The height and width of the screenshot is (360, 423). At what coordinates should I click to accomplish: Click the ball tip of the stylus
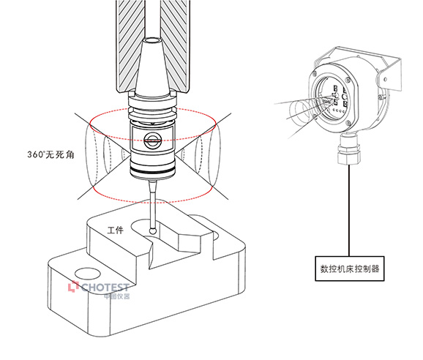[x=153, y=230]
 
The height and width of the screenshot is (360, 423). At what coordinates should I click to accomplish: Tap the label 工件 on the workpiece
[x=116, y=230]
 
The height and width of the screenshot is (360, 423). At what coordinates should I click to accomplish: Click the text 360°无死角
[x=50, y=154]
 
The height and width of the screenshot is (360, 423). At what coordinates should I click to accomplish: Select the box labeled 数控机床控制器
[x=350, y=269]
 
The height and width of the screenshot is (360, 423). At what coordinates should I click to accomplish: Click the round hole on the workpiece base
[x=87, y=274]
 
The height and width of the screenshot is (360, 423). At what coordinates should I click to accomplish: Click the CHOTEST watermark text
[x=105, y=287]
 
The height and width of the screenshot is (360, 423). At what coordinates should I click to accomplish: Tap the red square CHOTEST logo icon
[x=73, y=286]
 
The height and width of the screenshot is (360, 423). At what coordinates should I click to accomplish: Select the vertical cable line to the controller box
[x=349, y=210]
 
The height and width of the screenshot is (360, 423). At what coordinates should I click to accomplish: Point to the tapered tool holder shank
[x=152, y=67]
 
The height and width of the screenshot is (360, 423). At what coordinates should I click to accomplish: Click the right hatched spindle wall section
[x=175, y=46]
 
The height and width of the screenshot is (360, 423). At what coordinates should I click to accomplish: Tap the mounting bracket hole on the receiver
[x=385, y=79]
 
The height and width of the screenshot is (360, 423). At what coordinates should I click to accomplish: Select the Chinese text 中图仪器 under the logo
[x=117, y=296]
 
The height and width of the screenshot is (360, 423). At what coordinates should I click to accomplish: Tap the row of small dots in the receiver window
[x=339, y=110]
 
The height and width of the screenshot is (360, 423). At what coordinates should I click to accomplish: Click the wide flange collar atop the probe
[x=152, y=102]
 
